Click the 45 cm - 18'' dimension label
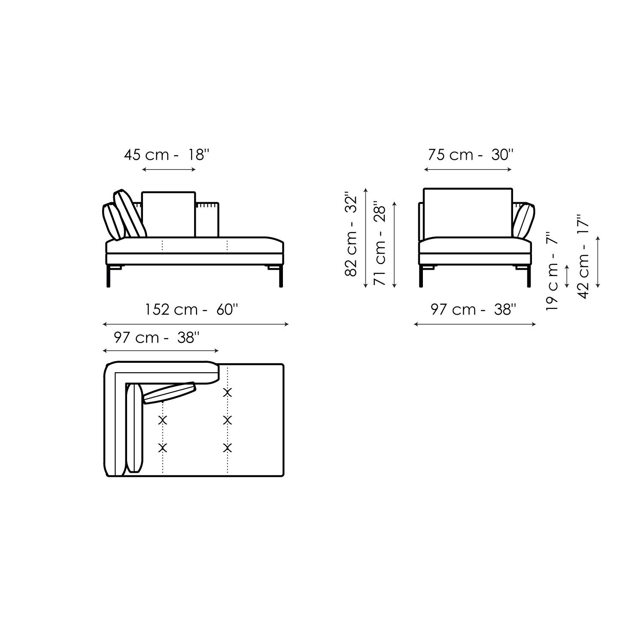pyautogui.click(x=166, y=155)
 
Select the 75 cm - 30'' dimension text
pyautogui.click(x=470, y=155)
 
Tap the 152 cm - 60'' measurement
pyautogui.click(x=191, y=310)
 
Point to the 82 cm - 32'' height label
pyautogui.click(x=351, y=236)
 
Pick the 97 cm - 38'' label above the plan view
pyautogui.click(x=157, y=338)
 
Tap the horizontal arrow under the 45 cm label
pyautogui.click(x=169, y=170)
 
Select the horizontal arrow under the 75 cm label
pyautogui.click(x=468, y=170)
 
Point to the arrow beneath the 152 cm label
pyautogui.click(x=196, y=325)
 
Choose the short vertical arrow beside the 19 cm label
pyautogui.click(x=568, y=276)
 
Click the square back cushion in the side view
pyautogui.click(x=168, y=214)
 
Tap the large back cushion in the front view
pyautogui.click(x=468, y=213)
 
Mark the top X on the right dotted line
pyautogui.click(x=228, y=392)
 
